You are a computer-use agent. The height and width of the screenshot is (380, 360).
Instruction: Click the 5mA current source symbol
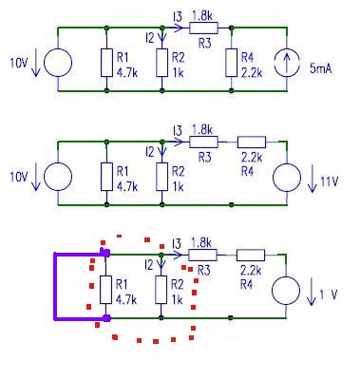pyautogui.click(x=287, y=63)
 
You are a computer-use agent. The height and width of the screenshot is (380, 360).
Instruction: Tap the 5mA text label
pyautogui.click(x=321, y=69)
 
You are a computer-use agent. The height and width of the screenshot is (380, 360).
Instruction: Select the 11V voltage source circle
pyautogui.click(x=287, y=177)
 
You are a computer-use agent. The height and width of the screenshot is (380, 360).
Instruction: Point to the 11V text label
pyautogui.click(x=330, y=181)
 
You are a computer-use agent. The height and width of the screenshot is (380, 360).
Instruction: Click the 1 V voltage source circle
pyautogui.click(x=286, y=291)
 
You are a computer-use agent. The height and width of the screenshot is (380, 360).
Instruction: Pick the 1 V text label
pyautogui.click(x=329, y=294)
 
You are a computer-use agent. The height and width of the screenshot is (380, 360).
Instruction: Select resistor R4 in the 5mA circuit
pyautogui.click(x=232, y=63)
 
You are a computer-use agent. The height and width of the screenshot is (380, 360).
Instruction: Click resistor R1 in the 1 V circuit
pyautogui.click(x=105, y=290)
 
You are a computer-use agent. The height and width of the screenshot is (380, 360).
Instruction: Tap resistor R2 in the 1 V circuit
pyautogui.click(x=161, y=290)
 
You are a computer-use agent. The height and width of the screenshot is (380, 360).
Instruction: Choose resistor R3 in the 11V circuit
pyautogui.click(x=204, y=142)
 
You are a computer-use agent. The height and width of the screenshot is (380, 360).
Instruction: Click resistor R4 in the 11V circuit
pyautogui.click(x=252, y=142)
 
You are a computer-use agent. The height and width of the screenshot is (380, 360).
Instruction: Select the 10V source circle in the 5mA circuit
pyautogui.click(x=58, y=63)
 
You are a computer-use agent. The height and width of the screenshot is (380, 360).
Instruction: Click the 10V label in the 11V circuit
pyautogui.click(x=19, y=177)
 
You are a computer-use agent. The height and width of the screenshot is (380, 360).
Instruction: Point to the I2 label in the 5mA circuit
pyautogui.click(x=149, y=38)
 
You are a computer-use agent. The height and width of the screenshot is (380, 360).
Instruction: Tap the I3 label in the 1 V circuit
pyautogui.click(x=177, y=244)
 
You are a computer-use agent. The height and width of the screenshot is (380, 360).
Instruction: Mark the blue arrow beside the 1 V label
pyautogui.click(x=312, y=292)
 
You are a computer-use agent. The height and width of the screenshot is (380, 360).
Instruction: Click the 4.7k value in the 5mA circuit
pyautogui.click(x=127, y=73)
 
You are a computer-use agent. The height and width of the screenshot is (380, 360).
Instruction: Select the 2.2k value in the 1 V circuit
pyautogui.click(x=251, y=271)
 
